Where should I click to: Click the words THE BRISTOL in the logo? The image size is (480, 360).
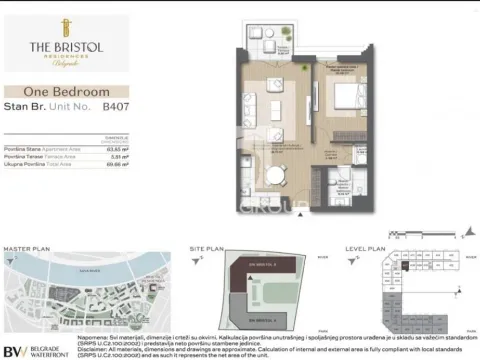pyautogui.click(x=63, y=48)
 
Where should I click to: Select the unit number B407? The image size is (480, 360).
pyautogui.click(x=116, y=105)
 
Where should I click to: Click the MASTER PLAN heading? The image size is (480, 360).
pyautogui.click(x=22, y=247)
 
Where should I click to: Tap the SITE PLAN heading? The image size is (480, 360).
pyautogui.click(x=207, y=247)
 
